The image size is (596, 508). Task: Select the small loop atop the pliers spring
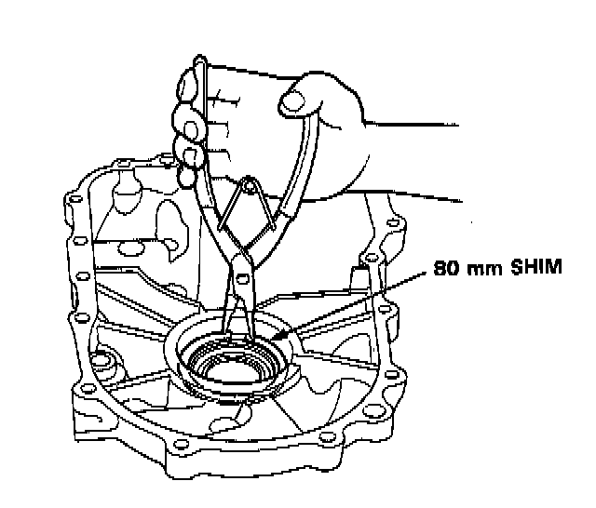(x=249, y=182)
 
